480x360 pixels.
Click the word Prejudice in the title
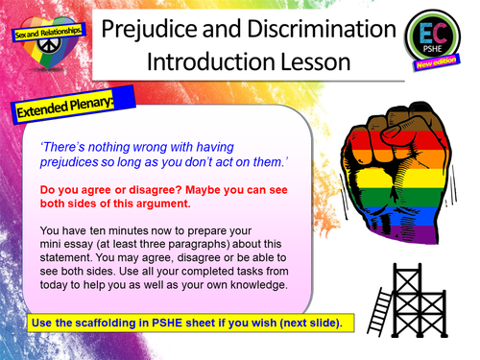(x=183, y=28)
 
